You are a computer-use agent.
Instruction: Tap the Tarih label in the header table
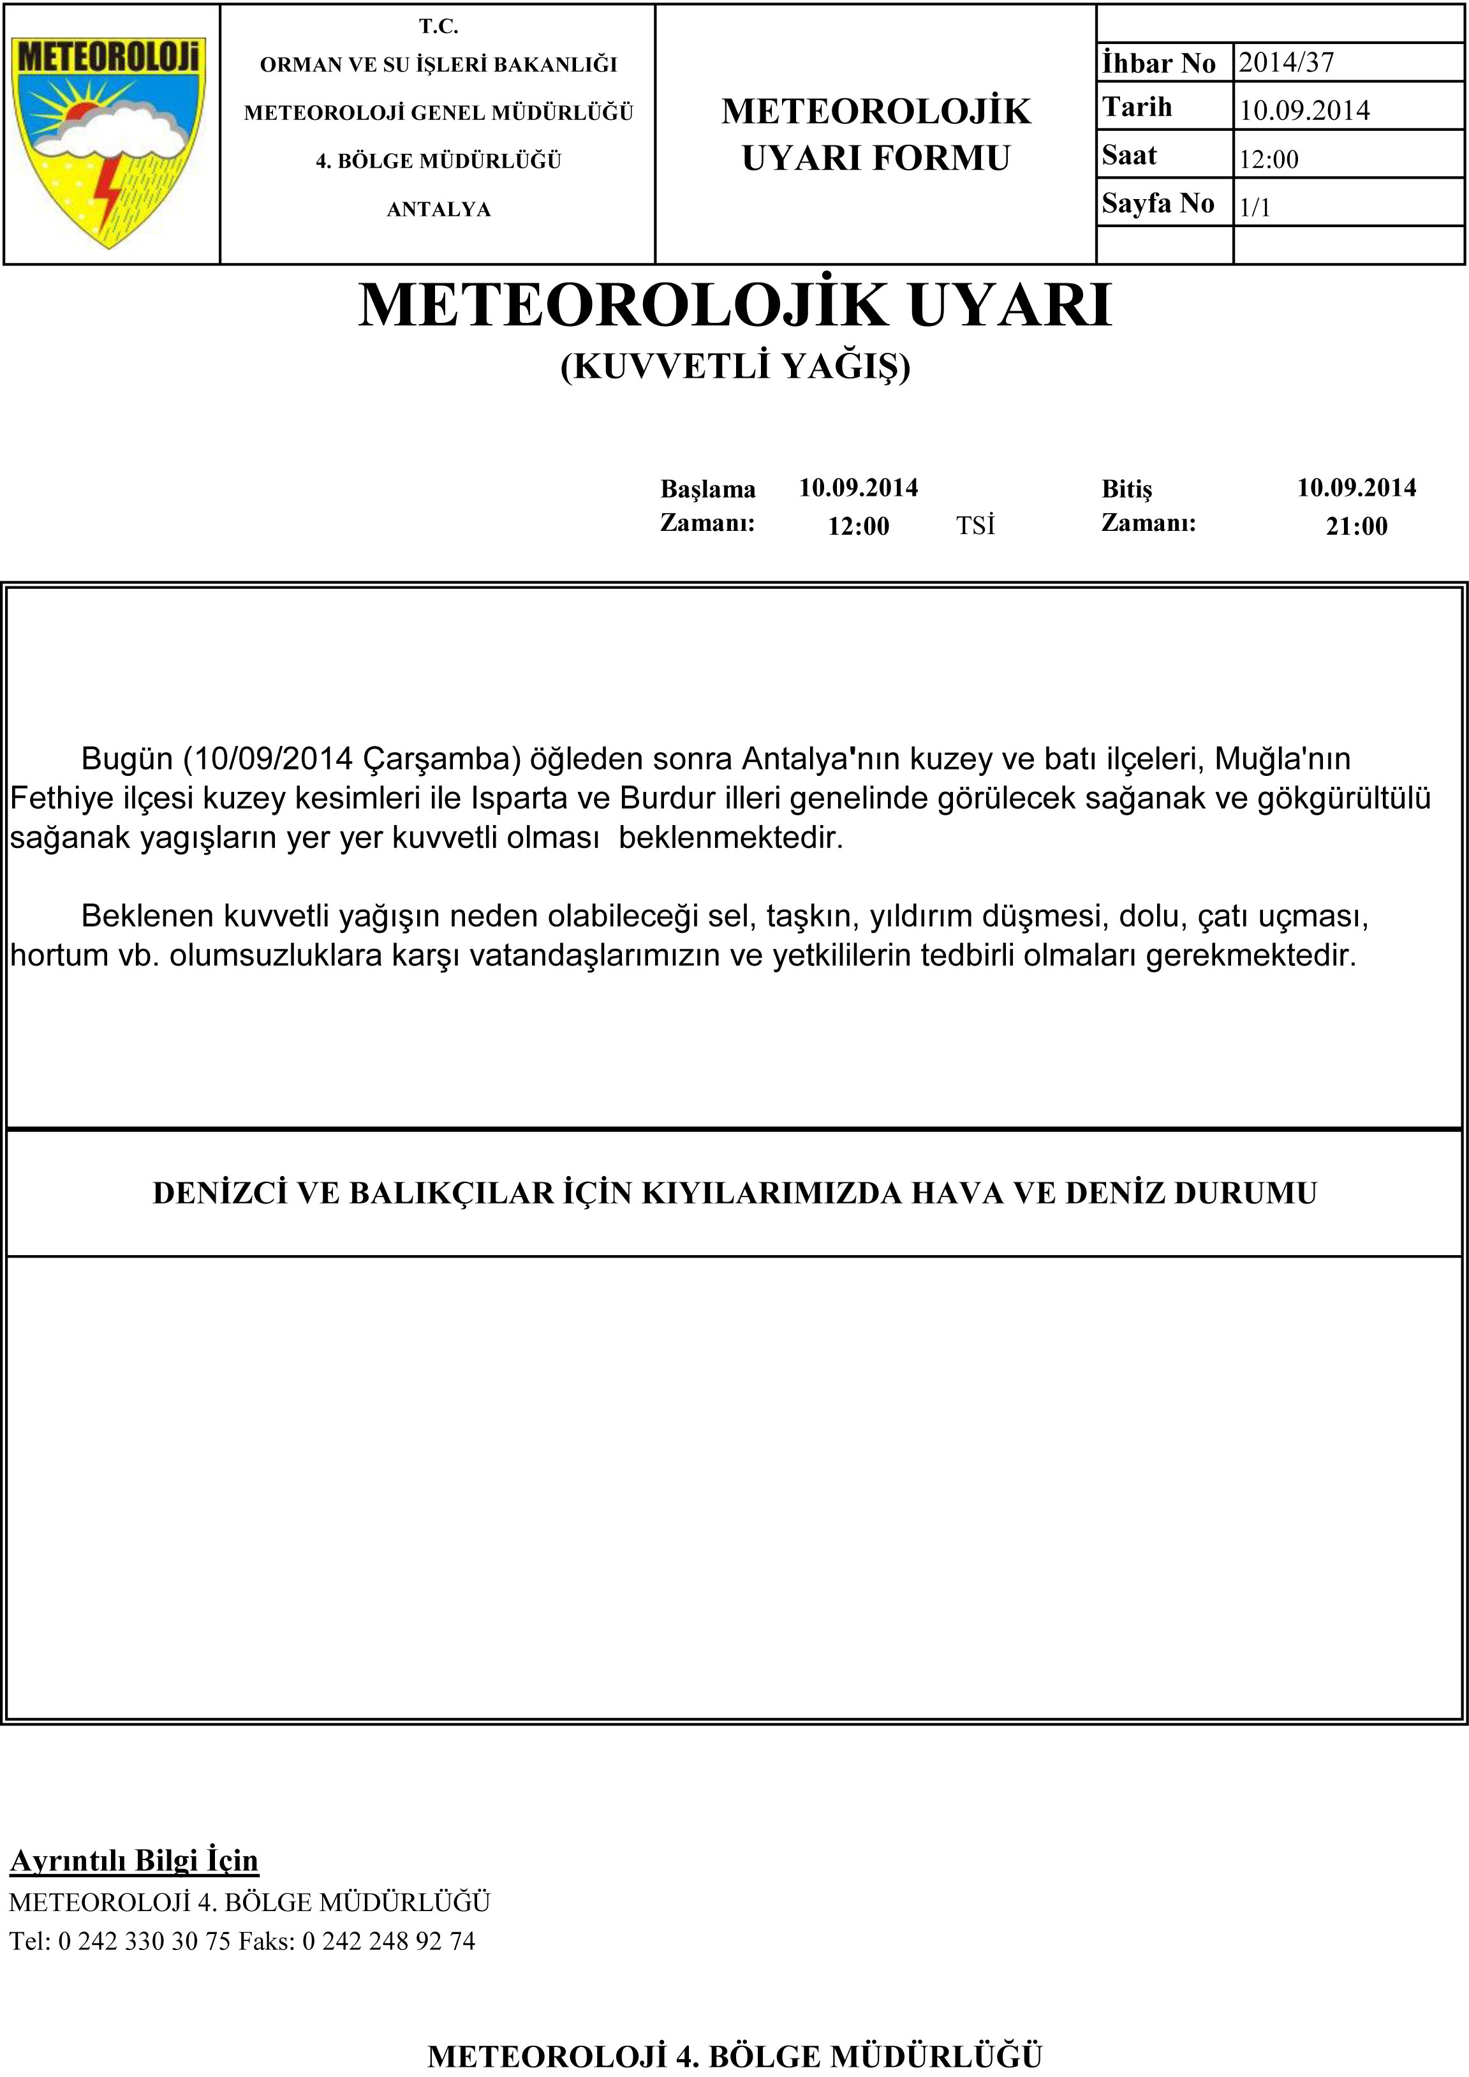point(1137,108)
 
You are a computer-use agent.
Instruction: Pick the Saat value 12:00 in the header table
point(1268,160)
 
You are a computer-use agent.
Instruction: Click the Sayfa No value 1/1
point(1255,207)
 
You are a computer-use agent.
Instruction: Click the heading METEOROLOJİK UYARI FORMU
point(876,134)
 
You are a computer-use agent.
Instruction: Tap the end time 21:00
point(1356,526)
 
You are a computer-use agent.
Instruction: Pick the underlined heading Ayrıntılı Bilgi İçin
point(134,1860)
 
